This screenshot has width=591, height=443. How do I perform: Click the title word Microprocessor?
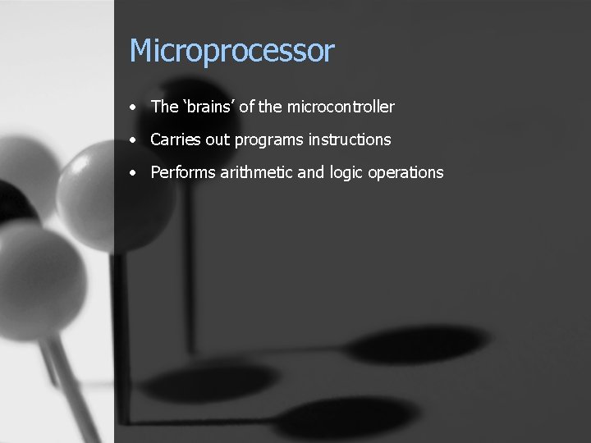[x=231, y=52]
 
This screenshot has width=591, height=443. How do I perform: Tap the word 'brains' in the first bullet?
[x=208, y=107]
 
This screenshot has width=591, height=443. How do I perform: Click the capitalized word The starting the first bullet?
[x=164, y=107]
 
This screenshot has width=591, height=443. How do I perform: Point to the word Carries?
[x=176, y=139]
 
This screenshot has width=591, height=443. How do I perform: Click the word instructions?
[x=350, y=139]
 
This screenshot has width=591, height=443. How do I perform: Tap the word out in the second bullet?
[x=218, y=139]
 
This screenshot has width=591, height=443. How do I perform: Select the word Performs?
[x=183, y=172]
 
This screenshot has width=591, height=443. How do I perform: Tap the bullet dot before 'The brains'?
[x=133, y=107]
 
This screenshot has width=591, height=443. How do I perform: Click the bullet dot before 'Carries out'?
[x=133, y=140]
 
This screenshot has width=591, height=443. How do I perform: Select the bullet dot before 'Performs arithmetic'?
[x=133, y=173]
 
